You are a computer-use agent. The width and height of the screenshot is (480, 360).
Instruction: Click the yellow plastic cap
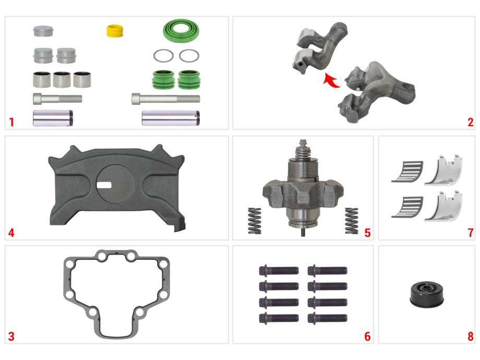click(x=115, y=31)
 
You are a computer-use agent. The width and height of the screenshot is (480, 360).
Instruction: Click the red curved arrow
click(x=331, y=80)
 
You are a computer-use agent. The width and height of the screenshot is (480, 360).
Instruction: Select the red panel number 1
click(x=11, y=122)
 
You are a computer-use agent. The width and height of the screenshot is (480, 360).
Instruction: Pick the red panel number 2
click(x=471, y=122)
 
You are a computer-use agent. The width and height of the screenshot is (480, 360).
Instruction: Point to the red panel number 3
click(x=11, y=337)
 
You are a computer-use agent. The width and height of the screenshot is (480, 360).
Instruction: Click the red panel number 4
click(x=11, y=233)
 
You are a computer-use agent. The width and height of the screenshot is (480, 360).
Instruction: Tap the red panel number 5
click(x=367, y=233)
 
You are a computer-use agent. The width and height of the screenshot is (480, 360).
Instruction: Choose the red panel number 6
click(x=367, y=337)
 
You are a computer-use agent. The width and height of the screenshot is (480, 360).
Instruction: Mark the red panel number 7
click(x=471, y=233)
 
